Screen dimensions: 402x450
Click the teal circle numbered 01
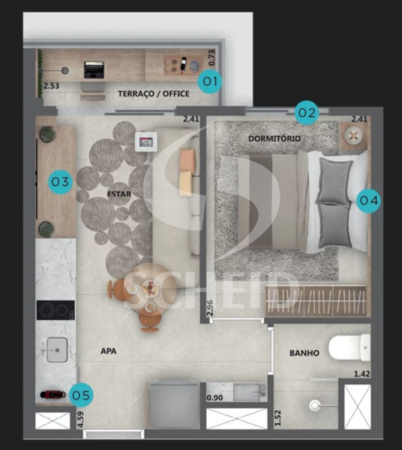click(x=210, y=81)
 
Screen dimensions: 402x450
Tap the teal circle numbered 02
click(x=307, y=112)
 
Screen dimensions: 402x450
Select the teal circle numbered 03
click(x=61, y=182)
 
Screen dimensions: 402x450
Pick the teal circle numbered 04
click(x=369, y=200)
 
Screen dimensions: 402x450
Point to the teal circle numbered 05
click(x=81, y=395)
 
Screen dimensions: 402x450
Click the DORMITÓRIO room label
click(x=274, y=139)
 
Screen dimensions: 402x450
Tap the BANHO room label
click(x=304, y=352)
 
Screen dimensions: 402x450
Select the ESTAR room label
click(x=119, y=194)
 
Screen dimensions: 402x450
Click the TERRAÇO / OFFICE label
click(x=153, y=94)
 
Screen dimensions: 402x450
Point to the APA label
click(x=108, y=351)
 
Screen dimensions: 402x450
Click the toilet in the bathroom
click(x=349, y=347)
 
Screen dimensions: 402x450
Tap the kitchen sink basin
click(x=57, y=350)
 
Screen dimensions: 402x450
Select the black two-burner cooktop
click(x=55, y=310)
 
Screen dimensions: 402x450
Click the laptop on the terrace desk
click(x=94, y=69)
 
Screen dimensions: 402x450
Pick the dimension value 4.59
click(x=80, y=420)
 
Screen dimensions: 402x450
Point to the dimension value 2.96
click(x=210, y=308)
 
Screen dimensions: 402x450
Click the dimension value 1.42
click(x=362, y=374)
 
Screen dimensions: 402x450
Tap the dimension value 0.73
click(x=212, y=57)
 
